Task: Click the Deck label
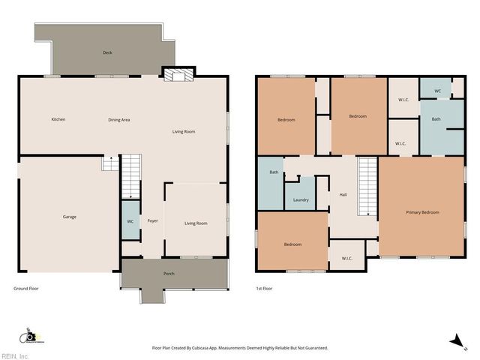pyautogui.click(x=107, y=52)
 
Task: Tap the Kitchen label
pyautogui.click(x=58, y=120)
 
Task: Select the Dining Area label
pyautogui.click(x=119, y=120)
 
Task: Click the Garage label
pyautogui.click(x=69, y=217)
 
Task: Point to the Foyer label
pyautogui.click(x=152, y=221)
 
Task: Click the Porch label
pyautogui.click(x=169, y=274)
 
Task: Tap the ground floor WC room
pyautogui.click(x=130, y=221)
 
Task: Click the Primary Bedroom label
pyautogui.click(x=422, y=213)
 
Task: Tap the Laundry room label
pyautogui.click(x=301, y=200)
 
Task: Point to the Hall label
pyautogui.click(x=343, y=195)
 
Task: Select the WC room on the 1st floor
pyautogui.click(x=436, y=91)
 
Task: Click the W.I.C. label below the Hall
pyautogui.click(x=347, y=259)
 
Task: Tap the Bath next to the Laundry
pyautogui.click(x=274, y=173)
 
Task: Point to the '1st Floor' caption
pyautogui.click(x=265, y=289)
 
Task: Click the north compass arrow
pyautogui.click(x=454, y=341)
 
